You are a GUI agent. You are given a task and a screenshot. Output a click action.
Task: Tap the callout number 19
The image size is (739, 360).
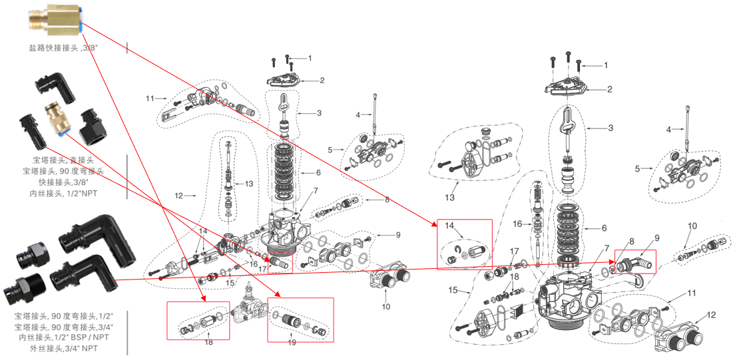click(292, 343)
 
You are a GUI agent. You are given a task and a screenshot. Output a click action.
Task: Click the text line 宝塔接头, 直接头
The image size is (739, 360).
click(59, 160)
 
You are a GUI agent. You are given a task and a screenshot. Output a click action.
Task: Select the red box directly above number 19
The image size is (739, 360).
click(298, 322)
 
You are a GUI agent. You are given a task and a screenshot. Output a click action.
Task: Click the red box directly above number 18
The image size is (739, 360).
click(198, 321)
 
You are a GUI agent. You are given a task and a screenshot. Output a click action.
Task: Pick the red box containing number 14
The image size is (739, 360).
click(464, 244)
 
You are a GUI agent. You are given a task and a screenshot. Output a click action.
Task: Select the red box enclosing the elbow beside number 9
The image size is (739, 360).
click(634, 262)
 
